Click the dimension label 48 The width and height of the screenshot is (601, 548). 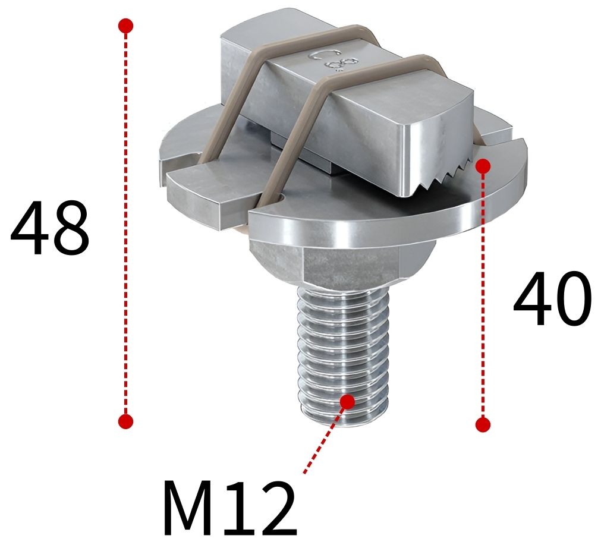(x=50, y=228)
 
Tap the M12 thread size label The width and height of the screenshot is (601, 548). (x=229, y=509)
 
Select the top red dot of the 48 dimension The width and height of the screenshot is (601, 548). (x=125, y=26)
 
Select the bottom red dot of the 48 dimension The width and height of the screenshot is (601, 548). (x=125, y=421)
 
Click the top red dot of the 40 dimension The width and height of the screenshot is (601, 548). (x=483, y=166)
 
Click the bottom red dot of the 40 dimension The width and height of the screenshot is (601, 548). (x=483, y=424)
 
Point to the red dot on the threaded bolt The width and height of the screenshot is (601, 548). (x=347, y=401)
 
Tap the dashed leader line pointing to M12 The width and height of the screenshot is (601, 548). (x=324, y=440)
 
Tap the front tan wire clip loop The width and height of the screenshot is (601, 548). (x=309, y=119)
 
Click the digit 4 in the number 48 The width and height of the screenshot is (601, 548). (x=30, y=228)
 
